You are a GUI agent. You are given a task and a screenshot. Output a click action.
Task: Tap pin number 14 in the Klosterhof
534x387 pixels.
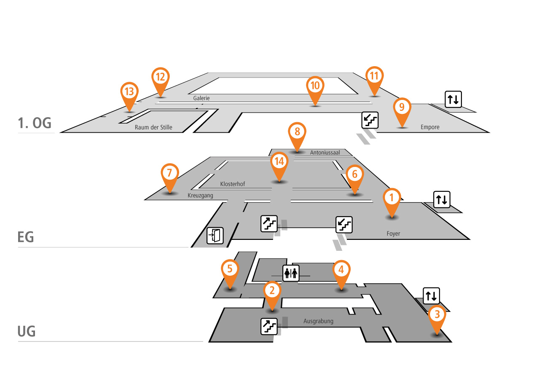(x=278, y=162)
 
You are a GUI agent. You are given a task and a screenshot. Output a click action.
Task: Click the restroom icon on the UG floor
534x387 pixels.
(x=291, y=273)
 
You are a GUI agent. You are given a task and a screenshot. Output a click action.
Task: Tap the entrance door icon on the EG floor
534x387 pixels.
(x=215, y=236)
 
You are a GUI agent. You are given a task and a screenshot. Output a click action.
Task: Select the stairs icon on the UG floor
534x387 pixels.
(x=269, y=326)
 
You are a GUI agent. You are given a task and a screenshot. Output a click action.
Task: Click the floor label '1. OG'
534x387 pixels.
(x=35, y=123)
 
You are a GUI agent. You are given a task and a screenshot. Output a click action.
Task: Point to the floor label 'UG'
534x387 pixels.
(x=26, y=331)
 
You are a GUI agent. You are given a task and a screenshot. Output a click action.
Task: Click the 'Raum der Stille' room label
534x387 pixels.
(x=153, y=127)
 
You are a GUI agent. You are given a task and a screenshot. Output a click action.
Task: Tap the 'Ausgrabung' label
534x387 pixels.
(x=318, y=321)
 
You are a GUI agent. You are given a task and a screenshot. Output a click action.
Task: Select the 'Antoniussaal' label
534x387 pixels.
(x=325, y=153)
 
